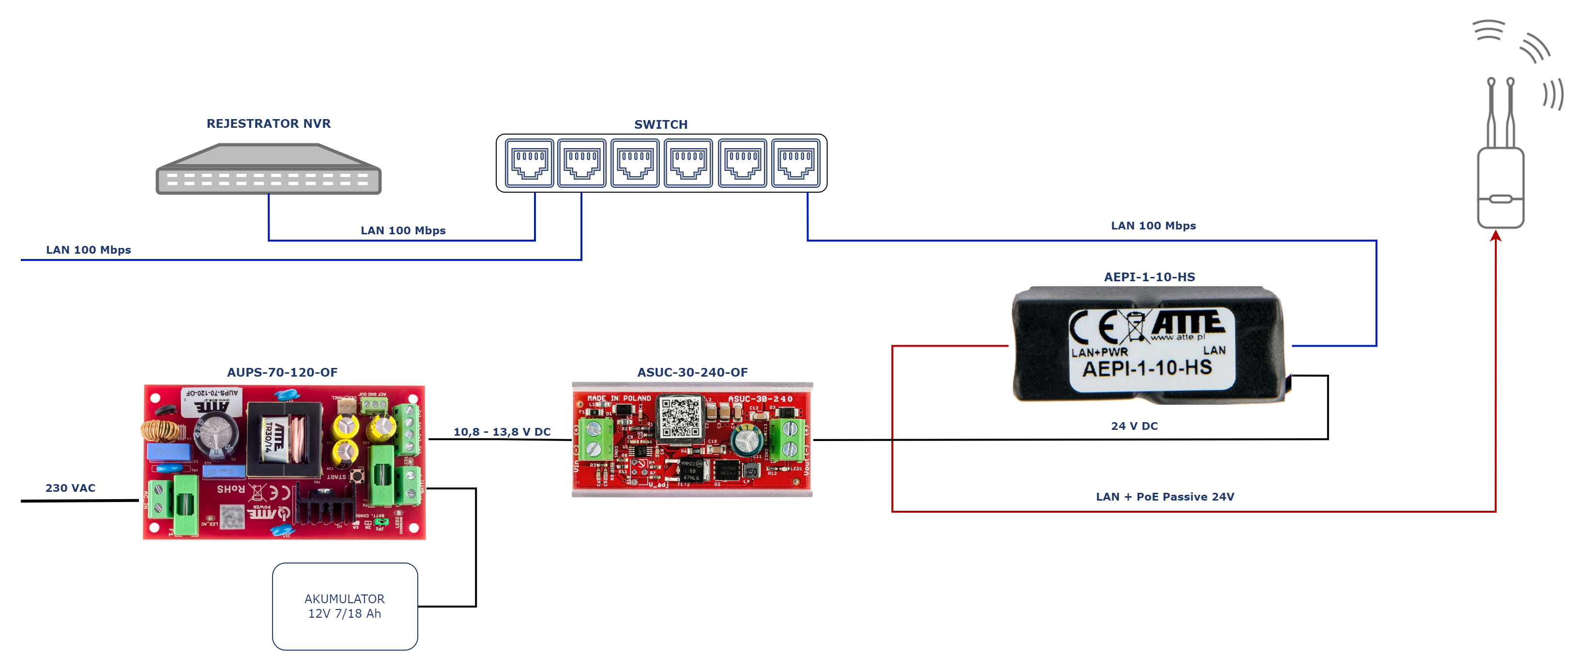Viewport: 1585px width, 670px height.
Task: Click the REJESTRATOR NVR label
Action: pyautogui.click(x=268, y=123)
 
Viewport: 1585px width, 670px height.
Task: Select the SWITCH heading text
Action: pyautogui.click(x=661, y=125)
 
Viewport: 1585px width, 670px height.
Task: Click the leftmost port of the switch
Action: pyautogui.click(x=529, y=163)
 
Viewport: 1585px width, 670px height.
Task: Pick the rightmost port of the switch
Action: pyautogui.click(x=795, y=163)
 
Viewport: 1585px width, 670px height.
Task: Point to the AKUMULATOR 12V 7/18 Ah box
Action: pyautogui.click(x=345, y=606)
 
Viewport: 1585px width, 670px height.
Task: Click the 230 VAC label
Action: pyautogui.click(x=70, y=488)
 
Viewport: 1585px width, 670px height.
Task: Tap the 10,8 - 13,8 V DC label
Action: pyautogui.click(x=502, y=432)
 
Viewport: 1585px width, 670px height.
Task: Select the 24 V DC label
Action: pyautogui.click(x=1134, y=426)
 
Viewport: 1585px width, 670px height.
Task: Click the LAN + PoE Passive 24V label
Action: pyautogui.click(x=1165, y=497)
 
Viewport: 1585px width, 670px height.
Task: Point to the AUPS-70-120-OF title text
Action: pyautogui.click(x=282, y=372)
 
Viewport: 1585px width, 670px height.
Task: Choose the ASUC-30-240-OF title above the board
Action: pyautogui.click(x=692, y=372)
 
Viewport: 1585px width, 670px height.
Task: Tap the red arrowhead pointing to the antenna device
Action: pyautogui.click(x=1496, y=236)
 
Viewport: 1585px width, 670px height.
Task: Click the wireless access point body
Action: pyautogui.click(x=1501, y=188)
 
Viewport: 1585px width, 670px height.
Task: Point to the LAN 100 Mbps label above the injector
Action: pyautogui.click(x=1153, y=226)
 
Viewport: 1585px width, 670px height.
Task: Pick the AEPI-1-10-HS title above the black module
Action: pyautogui.click(x=1149, y=277)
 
